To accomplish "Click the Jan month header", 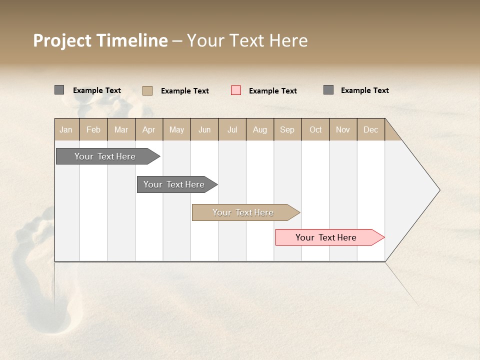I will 66,129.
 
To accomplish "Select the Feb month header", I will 93,129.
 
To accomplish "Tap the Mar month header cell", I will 121,129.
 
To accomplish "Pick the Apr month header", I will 149,129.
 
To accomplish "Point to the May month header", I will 176,129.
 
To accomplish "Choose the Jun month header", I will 204,129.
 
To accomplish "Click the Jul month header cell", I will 232,129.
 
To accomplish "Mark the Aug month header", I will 260,129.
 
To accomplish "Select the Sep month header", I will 287,129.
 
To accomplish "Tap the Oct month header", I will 315,129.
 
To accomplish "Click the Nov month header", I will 343,129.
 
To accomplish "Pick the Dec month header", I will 370,129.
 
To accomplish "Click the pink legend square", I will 236,90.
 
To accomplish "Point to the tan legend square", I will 147,90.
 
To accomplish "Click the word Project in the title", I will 62,40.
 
